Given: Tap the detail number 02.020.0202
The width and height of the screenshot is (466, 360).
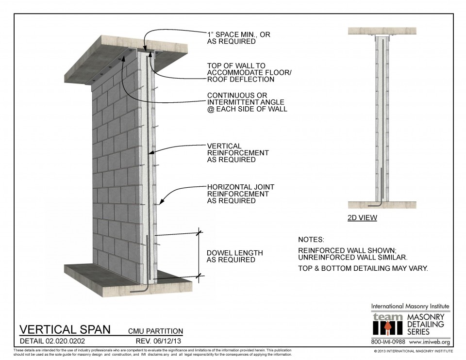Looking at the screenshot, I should pyautogui.click(x=71, y=340).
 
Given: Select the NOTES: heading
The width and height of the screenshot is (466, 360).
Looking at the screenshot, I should pyautogui.click(x=311, y=240).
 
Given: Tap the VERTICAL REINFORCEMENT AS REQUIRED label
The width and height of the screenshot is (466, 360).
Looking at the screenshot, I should pyautogui.click(x=238, y=152).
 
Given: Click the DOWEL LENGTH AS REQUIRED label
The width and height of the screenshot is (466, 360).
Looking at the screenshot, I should pyautogui.click(x=235, y=256).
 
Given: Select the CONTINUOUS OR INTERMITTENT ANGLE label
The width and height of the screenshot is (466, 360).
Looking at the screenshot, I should pyautogui.click(x=247, y=102).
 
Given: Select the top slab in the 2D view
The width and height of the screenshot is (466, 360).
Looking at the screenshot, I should pyautogui.click(x=383, y=31).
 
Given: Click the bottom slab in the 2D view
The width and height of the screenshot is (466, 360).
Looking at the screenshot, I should pyautogui.click(x=383, y=205).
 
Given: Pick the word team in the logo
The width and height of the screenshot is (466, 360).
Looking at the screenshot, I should pyautogui.click(x=387, y=317).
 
